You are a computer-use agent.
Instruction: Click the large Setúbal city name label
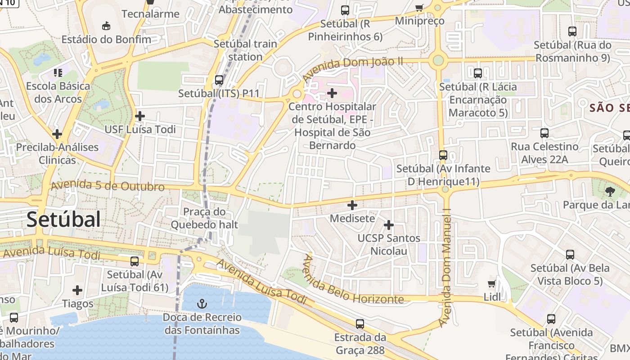[x=63, y=220]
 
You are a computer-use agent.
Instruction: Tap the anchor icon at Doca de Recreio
[x=202, y=304]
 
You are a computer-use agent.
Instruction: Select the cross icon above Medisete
[x=352, y=205]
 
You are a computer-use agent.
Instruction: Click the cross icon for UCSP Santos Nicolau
[x=389, y=225]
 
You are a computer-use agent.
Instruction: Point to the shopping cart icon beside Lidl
[x=492, y=283]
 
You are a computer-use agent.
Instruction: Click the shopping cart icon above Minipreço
[x=419, y=8]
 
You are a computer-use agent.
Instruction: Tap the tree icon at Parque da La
[x=610, y=192]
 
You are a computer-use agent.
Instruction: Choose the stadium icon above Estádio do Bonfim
[x=106, y=26]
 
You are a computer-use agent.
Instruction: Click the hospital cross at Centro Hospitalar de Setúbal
[x=332, y=93]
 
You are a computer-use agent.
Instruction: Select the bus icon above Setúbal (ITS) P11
[x=219, y=80]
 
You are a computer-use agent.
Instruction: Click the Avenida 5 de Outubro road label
[x=108, y=186]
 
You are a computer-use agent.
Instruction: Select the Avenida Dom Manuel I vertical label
[x=445, y=267]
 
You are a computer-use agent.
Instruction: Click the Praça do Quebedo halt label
[x=204, y=218]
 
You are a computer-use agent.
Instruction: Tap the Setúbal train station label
[x=245, y=50]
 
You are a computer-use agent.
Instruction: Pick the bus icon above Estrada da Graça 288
[x=360, y=324]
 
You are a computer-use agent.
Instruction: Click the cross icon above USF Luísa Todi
[x=140, y=116]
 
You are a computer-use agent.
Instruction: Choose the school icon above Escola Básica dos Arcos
[x=58, y=72]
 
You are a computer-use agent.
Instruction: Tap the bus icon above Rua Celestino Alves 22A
[x=544, y=133]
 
